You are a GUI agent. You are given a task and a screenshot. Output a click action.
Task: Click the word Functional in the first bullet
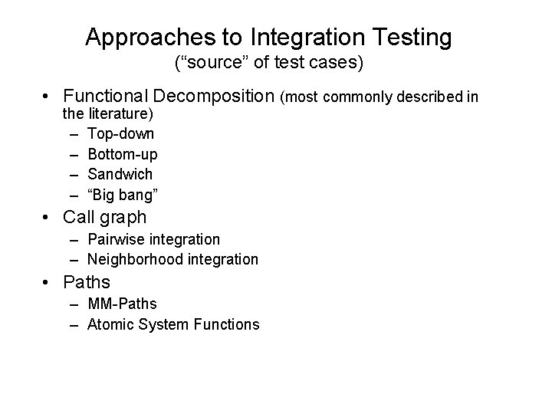pos(106,97)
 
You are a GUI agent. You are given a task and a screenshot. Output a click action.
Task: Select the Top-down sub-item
pos(121,135)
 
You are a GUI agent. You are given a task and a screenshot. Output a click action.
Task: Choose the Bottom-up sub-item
pos(123,155)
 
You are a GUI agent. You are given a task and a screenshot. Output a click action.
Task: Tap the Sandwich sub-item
pos(120,174)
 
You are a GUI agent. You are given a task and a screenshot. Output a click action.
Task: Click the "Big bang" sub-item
pos(120,194)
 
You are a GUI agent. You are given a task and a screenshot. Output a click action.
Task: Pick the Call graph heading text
pos(104,217)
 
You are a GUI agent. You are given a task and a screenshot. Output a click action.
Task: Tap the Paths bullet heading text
pos(87,282)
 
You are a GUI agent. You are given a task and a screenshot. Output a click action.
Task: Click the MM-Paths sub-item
pos(123,305)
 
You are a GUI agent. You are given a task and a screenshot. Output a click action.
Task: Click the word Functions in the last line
pos(228,324)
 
